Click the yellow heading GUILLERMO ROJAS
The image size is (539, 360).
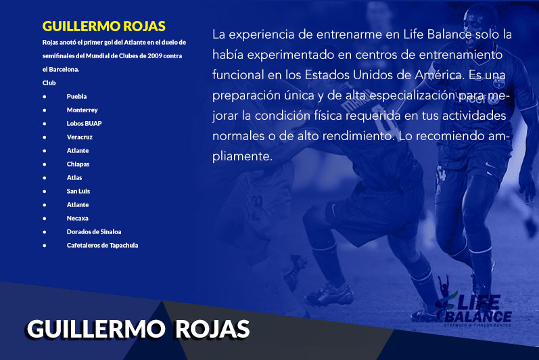pyautogui.click(x=104, y=26)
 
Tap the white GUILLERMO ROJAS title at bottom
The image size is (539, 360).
pyautogui.click(x=138, y=329)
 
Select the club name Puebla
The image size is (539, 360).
pyautogui.click(x=76, y=97)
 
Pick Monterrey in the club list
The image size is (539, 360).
pyautogui.click(x=82, y=110)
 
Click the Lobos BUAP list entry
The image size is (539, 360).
pyautogui.click(x=85, y=123)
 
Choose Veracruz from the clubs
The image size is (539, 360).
pyautogui.click(x=80, y=137)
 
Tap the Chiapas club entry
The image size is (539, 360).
pyautogui.click(x=78, y=164)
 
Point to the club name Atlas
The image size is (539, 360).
pyautogui.click(x=74, y=178)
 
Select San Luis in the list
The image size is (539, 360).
pyautogui.click(x=78, y=192)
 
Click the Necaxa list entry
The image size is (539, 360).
pyautogui.click(x=77, y=219)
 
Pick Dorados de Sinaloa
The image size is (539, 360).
pyautogui.click(x=94, y=231)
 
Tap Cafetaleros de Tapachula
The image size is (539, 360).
pyautogui.click(x=102, y=246)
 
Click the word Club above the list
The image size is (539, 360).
pyautogui.click(x=49, y=83)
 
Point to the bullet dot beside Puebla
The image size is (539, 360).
pyautogui.click(x=45, y=97)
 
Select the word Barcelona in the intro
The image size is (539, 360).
pyautogui.click(x=64, y=70)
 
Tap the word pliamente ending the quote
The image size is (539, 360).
pyautogui.click(x=242, y=156)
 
